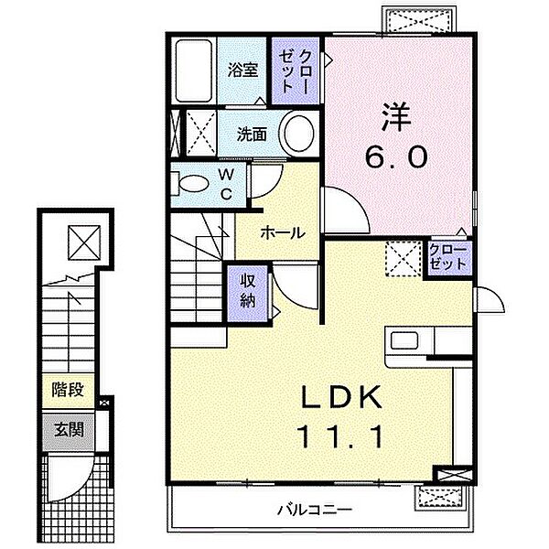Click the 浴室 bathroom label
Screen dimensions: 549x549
[242, 70]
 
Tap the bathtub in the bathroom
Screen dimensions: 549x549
[194, 71]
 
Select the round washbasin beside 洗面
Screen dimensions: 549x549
[298, 134]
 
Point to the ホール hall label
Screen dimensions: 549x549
[283, 232]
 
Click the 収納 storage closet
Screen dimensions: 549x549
[248, 293]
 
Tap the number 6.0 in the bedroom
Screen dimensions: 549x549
[396, 156]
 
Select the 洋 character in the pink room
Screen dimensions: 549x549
[396, 117]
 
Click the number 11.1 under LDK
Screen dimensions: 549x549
[339, 436]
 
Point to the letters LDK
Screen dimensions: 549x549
[341, 396]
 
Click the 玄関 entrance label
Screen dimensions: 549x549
[69, 429]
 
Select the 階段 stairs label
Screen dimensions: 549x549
[68, 390]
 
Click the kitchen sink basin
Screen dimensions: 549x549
[404, 340]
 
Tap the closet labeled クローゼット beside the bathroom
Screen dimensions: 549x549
[296, 71]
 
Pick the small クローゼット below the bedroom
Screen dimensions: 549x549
[447, 257]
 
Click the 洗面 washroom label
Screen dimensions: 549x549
[252, 135]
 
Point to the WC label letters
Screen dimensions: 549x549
[227, 184]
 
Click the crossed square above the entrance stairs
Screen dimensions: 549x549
[84, 242]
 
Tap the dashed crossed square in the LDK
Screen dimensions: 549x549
[403, 259]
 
